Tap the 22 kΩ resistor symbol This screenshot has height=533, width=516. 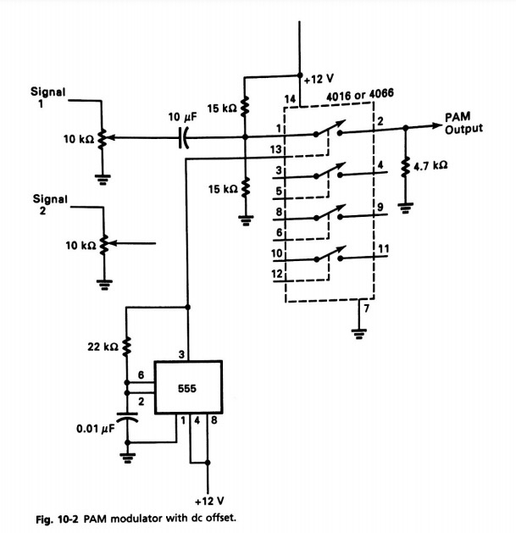pos(125,345)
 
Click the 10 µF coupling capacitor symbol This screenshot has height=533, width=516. pos(183,137)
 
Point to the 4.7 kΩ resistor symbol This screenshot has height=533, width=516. pos(406,165)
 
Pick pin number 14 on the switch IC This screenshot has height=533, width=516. pos(291,100)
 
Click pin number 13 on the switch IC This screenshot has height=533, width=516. pos(275,150)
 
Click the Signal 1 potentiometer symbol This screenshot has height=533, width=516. pos(103,137)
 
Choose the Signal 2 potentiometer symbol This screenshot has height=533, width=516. pos(103,245)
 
